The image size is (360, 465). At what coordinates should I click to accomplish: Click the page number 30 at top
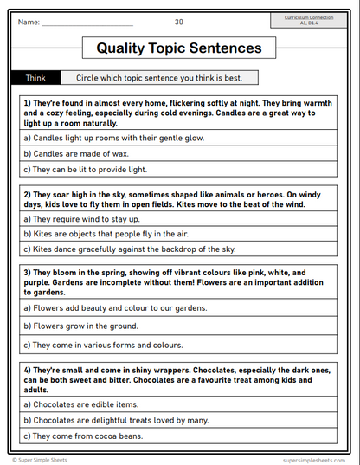point(178,22)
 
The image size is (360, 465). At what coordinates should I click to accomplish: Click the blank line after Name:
point(87,23)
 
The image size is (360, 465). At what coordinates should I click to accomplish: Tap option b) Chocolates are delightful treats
point(116,420)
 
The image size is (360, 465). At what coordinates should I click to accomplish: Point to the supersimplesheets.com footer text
point(317,460)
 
